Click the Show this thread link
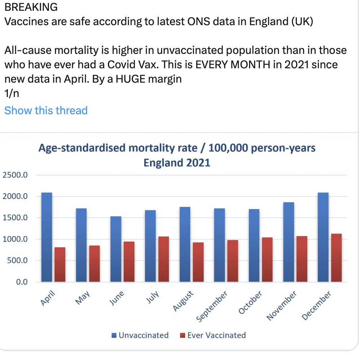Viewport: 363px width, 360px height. coord(46,110)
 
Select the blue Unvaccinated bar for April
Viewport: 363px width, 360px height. coord(47,237)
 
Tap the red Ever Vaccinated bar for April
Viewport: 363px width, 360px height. coord(60,264)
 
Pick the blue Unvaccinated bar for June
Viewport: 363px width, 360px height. coord(116,249)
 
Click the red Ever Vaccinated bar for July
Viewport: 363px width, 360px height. coord(164,259)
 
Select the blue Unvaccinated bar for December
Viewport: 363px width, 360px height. coord(323,237)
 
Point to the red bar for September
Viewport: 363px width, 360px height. coord(233,261)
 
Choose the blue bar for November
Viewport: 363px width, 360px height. coord(289,242)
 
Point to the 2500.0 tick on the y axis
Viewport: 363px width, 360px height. coord(15,175)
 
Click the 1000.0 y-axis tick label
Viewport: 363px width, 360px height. coord(15,239)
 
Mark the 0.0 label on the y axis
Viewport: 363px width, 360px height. coord(22,282)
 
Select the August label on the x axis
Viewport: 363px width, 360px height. coord(183,301)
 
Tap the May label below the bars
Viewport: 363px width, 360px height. coord(83,298)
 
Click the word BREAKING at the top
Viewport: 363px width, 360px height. coord(31,7)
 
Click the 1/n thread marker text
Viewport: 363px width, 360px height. coord(12,93)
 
